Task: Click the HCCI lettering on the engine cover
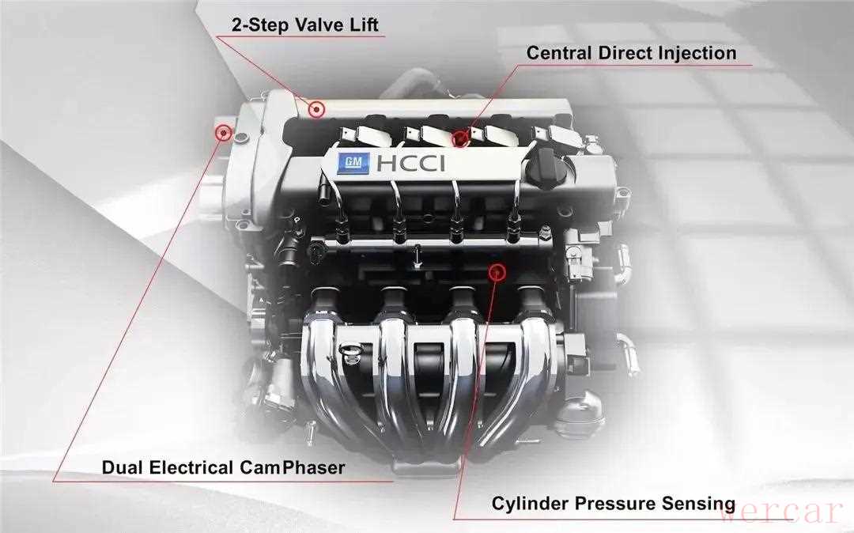[410, 163]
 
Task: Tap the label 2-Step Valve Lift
[304, 25]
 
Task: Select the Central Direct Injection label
[631, 53]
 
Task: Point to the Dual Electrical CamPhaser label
[223, 467]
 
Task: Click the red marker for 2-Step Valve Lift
[316, 109]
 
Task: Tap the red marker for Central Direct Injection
[460, 138]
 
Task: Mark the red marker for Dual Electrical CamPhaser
[223, 132]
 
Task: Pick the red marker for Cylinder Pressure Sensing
[497, 272]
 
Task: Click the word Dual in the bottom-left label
[123, 467]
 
